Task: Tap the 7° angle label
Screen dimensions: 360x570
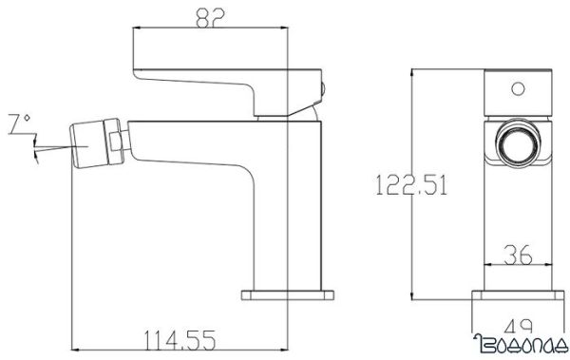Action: tap(18, 123)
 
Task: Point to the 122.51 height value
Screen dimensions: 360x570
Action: tap(411, 183)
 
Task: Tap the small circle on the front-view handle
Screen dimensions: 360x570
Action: tap(518, 91)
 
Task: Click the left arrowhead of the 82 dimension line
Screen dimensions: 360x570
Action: tap(134, 30)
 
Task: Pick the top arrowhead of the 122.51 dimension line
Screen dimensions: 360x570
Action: tap(410, 72)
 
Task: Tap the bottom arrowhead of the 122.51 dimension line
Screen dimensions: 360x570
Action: tap(410, 294)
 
